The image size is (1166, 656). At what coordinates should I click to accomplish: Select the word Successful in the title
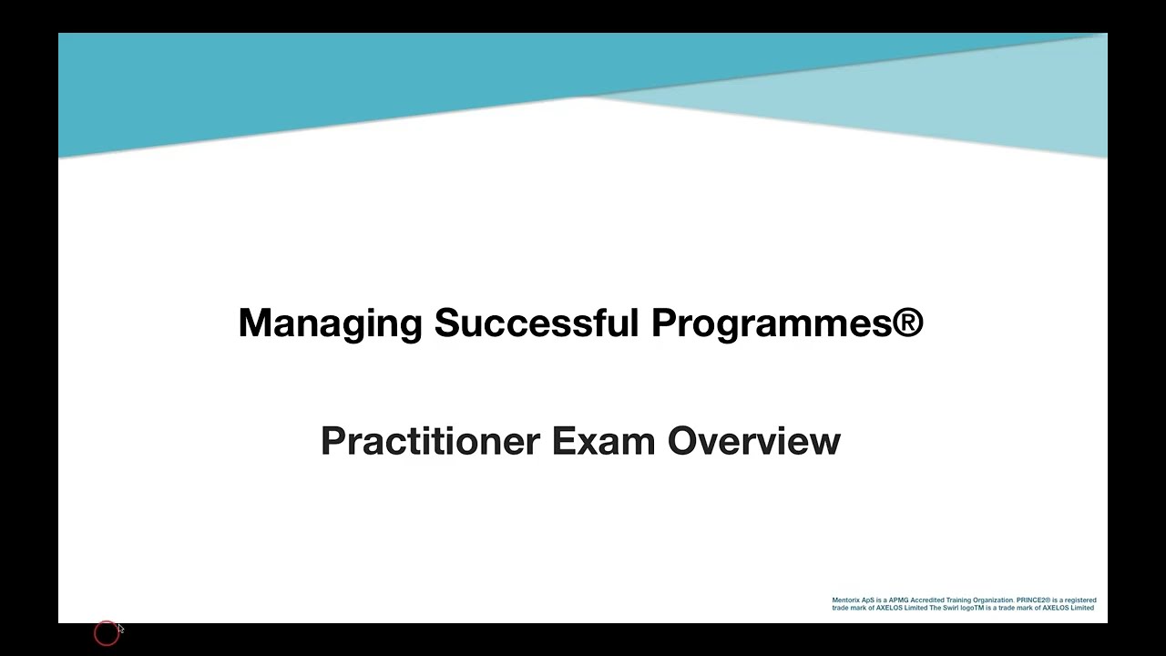point(537,323)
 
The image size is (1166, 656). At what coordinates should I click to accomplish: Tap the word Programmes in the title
point(771,323)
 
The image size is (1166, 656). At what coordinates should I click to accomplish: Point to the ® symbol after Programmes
point(907,322)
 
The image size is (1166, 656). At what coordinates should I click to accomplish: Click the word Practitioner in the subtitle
point(430,441)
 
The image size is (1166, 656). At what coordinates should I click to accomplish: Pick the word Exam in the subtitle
point(603,441)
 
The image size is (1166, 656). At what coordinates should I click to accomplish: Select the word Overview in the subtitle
point(754,441)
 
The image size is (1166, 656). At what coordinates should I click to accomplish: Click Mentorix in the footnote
point(846,600)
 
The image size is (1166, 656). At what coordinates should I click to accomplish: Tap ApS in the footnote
point(868,600)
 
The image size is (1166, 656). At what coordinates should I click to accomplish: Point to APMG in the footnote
point(898,600)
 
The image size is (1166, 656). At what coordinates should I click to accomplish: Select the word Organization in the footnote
point(993,600)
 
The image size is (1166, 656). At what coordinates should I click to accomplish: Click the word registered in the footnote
point(1079,600)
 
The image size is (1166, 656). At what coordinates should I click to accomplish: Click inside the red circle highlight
point(106,633)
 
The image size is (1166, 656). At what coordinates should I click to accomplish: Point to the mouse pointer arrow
point(120,629)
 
